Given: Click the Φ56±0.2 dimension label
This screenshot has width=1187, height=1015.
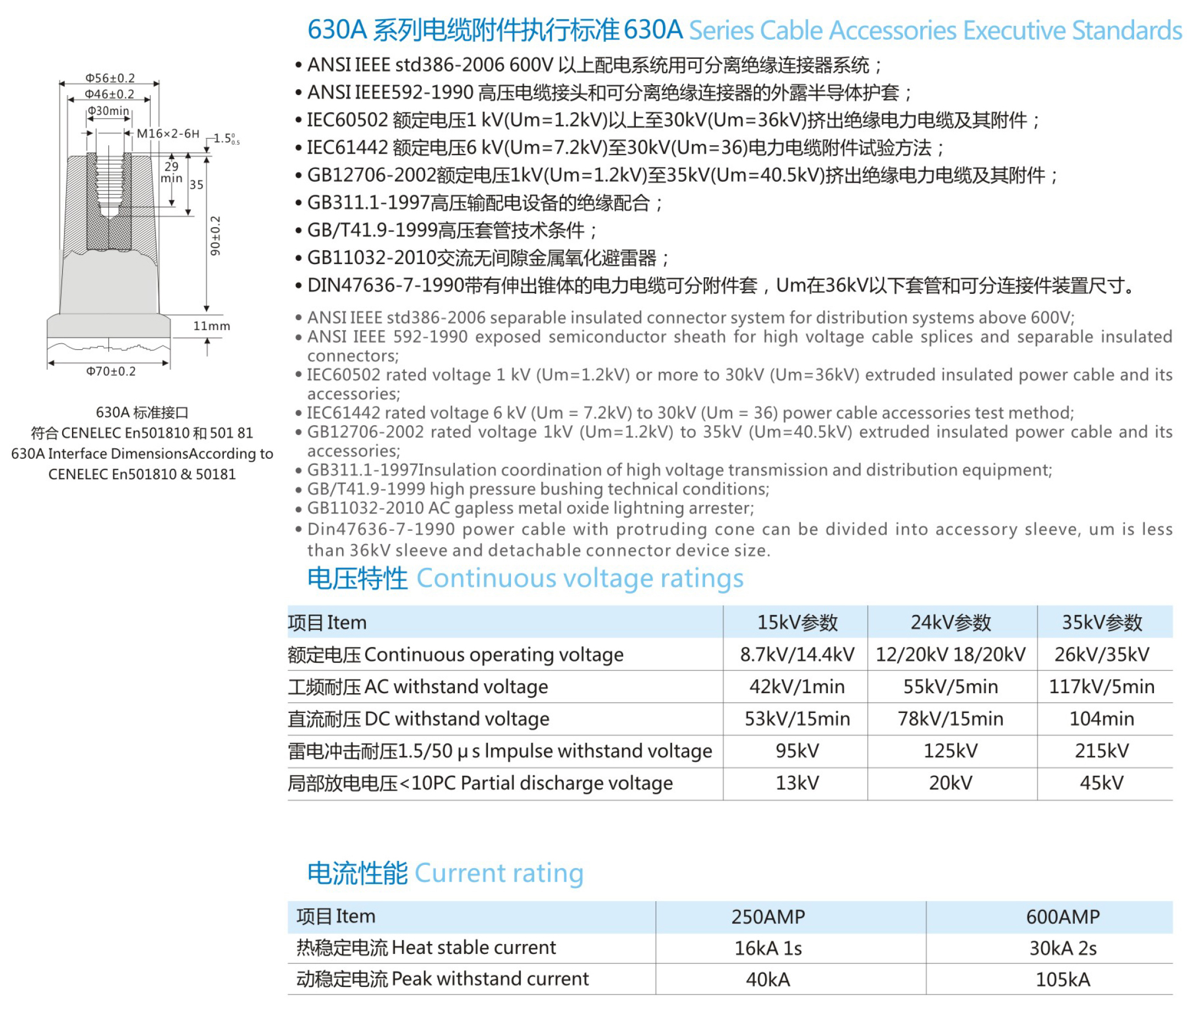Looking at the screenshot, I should point(110,78).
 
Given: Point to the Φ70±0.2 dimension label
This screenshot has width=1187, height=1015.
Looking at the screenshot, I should point(111,371).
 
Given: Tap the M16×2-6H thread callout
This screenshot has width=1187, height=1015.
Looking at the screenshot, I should point(168,134).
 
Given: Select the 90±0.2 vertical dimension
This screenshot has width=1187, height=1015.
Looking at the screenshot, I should point(215,235).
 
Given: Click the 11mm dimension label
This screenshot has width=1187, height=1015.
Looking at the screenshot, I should point(211,326).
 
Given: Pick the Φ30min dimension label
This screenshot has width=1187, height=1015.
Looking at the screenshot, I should point(108,111).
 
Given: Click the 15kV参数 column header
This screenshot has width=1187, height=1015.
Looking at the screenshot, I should point(797,622).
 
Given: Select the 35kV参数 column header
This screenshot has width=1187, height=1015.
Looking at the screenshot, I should point(1102,622).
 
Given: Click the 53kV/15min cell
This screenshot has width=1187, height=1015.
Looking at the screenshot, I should point(797,718).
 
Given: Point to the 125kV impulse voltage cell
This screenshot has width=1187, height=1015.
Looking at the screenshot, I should point(950,751).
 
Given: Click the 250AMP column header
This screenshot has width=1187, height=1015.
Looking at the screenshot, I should point(768,917).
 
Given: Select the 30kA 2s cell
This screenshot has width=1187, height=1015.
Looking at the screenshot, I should point(1063,948).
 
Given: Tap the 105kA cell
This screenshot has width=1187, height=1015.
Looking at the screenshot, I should point(1063,979).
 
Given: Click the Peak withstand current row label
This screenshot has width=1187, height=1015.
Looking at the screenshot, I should point(442,979).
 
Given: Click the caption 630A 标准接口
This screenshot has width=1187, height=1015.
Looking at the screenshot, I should point(142,413).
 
